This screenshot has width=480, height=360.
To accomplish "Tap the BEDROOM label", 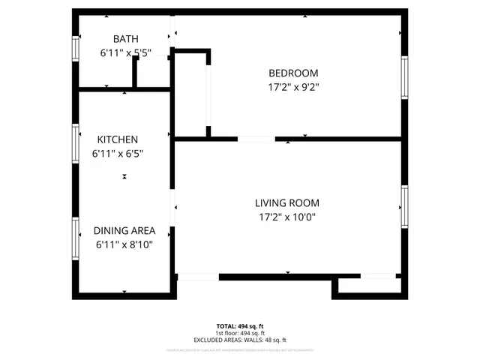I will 293,73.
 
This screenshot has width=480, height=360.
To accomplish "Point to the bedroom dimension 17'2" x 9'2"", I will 293,87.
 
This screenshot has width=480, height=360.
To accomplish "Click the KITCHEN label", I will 117,139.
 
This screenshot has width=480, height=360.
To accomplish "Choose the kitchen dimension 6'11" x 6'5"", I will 117,154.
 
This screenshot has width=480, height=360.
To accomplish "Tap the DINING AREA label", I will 124,231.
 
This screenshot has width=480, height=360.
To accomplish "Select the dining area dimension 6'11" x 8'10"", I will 124,244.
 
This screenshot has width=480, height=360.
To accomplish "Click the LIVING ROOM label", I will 286,202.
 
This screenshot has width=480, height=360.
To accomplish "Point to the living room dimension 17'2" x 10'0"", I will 286,217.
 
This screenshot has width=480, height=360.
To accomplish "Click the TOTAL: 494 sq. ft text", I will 240,326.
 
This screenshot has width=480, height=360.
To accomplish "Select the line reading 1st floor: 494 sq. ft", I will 240,333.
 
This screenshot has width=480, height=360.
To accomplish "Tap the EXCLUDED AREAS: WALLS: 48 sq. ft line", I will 240,340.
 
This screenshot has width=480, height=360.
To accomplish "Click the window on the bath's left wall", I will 75,49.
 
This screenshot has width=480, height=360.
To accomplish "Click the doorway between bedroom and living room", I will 256,139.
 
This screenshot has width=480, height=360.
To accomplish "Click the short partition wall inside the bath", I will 134,73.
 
